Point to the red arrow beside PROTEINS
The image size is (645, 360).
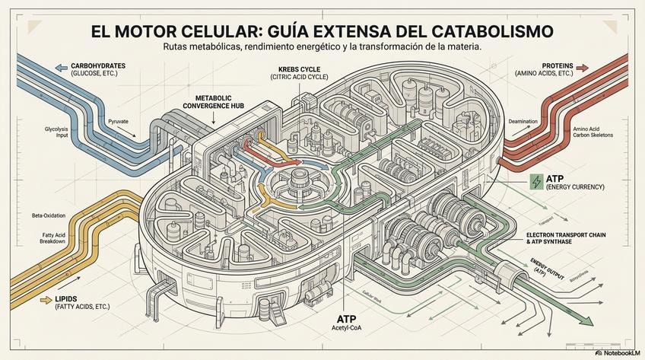[582, 67]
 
